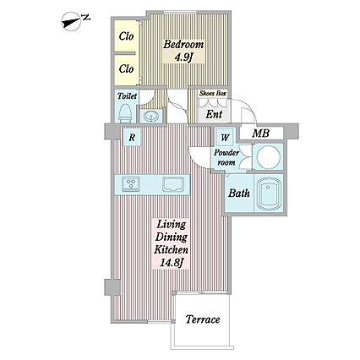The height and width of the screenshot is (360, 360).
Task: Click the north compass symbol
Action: point(74,21)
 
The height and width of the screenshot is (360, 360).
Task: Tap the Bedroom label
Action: point(183,44)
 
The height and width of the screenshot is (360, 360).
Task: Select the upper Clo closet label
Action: point(126,36)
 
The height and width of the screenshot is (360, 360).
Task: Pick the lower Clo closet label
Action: point(126,68)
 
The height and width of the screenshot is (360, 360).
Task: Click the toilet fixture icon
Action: point(125,113)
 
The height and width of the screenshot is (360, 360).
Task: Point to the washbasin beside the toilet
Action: point(151,116)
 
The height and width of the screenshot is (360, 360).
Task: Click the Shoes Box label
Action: point(213,93)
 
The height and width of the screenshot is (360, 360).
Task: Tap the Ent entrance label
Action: point(214,114)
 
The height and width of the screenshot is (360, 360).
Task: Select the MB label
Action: point(260,133)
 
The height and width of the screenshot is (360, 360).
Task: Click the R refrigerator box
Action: point(132,138)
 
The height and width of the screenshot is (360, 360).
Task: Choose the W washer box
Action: point(225,138)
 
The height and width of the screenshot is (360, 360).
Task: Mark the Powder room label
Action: point(226,157)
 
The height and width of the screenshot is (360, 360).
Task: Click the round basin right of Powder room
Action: point(269,157)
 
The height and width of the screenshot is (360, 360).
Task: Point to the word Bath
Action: point(239,194)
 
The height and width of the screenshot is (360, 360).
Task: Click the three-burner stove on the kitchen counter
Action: point(131,184)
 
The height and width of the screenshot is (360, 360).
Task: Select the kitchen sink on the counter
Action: point(173,184)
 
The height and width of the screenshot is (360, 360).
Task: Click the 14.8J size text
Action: point(172,264)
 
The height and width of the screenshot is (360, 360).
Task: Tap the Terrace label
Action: point(203,319)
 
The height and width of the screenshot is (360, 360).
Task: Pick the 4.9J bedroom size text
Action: point(183,57)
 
